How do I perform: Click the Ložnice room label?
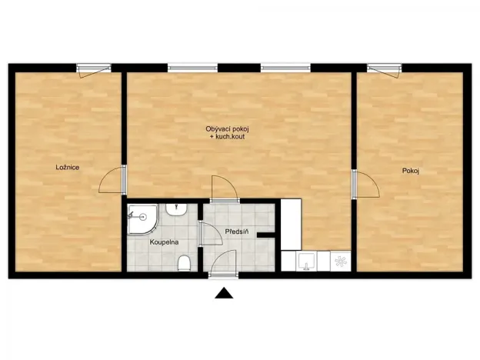pos(68,167)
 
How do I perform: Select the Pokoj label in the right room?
pos(410,170)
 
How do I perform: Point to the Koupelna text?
pos(165,242)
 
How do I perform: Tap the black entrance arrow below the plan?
pos(224,292)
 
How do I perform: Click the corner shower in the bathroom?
pos(142,218)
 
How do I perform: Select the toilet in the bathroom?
pos(184,264)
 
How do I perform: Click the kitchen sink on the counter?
pos(305,262)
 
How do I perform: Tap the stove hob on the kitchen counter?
pos(340,262)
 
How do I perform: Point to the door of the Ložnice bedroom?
pos(113,180)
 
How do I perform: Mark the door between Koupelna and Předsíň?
pos(201,234)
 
